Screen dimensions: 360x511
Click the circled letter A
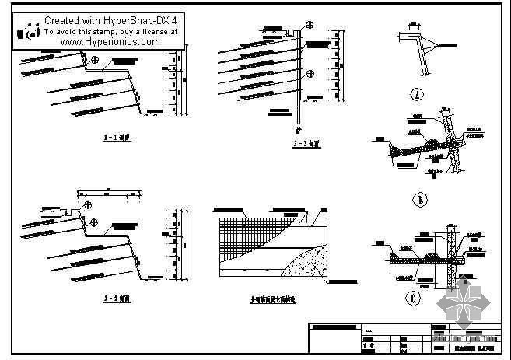click(x=417, y=96)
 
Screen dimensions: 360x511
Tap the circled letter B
click(x=418, y=201)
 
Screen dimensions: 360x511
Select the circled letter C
click(x=414, y=296)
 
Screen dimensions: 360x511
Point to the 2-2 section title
click(x=299, y=143)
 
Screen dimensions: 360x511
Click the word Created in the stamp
click(x=65, y=19)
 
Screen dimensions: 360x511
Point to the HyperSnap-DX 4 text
click(x=140, y=19)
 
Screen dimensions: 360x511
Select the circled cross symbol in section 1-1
click(x=94, y=60)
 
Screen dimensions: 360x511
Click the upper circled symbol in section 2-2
click(x=310, y=46)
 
